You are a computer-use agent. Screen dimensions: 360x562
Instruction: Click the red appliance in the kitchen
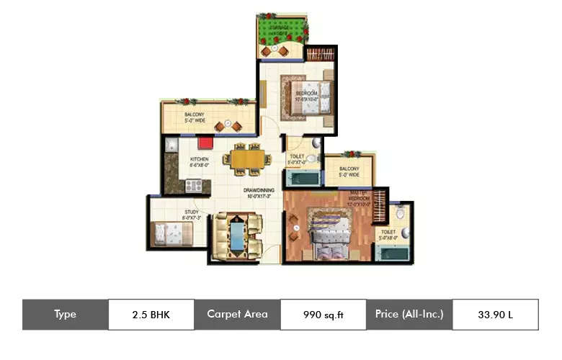[205, 143]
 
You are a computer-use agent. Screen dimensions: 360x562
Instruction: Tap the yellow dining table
[247, 158]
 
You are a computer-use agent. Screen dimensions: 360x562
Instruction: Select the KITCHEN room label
[200, 161]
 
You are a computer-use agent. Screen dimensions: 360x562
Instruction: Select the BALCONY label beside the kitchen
[195, 117]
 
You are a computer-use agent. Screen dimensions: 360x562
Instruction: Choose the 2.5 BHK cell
[151, 315]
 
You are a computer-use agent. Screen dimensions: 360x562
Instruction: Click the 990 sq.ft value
[323, 315]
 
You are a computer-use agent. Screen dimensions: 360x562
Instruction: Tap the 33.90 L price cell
[494, 315]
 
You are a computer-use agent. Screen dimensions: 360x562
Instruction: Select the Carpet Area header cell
[237, 315]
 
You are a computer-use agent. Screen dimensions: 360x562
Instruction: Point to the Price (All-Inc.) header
[409, 315]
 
